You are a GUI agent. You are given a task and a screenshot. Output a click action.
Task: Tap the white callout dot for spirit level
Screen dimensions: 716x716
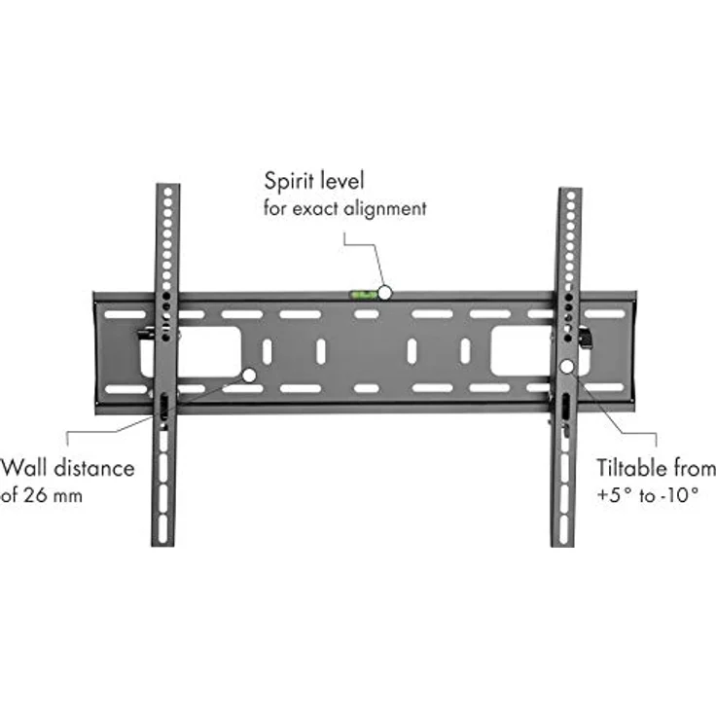click(386, 291)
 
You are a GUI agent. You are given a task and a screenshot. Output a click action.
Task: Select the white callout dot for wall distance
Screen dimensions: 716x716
click(250, 374)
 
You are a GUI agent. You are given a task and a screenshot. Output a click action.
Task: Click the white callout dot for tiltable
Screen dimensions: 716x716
click(567, 367)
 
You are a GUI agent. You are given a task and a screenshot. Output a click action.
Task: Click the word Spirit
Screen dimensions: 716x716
click(289, 182)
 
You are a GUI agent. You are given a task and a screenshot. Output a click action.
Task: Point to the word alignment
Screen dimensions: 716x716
click(385, 207)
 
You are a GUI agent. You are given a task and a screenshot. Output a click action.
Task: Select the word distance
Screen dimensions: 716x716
click(94, 468)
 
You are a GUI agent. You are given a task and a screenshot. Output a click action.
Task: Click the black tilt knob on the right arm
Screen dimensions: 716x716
click(587, 338)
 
